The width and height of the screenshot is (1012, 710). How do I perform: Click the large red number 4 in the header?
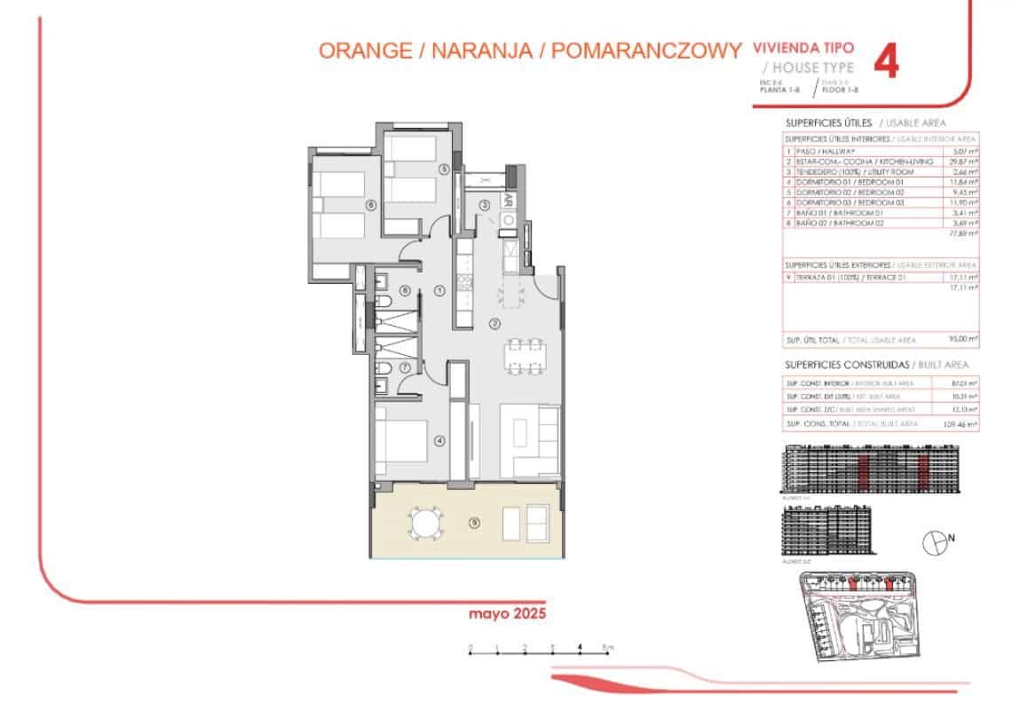pos(887,62)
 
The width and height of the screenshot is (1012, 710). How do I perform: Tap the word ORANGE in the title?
pos(364,51)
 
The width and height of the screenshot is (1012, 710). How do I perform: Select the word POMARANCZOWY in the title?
pos(645,51)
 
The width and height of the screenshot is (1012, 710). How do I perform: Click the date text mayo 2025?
pos(506,613)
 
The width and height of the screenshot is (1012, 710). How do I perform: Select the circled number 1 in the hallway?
pos(439,290)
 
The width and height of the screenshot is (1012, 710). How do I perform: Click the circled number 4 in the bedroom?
pos(438,439)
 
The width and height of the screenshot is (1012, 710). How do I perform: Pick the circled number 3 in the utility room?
pos(485,206)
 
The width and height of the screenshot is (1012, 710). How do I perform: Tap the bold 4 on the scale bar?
pos(580,646)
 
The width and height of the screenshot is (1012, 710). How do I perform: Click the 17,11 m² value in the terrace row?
pos(963,278)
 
